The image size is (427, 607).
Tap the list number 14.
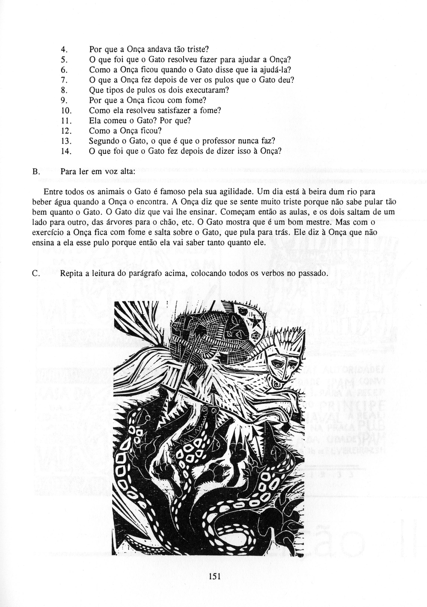(65, 151)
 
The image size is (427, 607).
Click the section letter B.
(36, 172)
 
